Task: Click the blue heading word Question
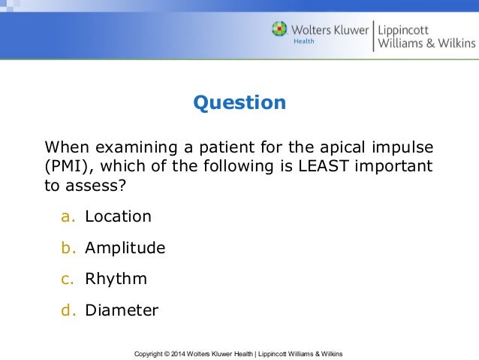[239, 102]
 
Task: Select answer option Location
[118, 216]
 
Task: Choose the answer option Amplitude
[125, 248]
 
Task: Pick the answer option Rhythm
[116, 279]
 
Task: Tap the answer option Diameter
[122, 310]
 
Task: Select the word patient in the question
[227, 145]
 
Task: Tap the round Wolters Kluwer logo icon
[279, 29]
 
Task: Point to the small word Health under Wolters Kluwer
[303, 42]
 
